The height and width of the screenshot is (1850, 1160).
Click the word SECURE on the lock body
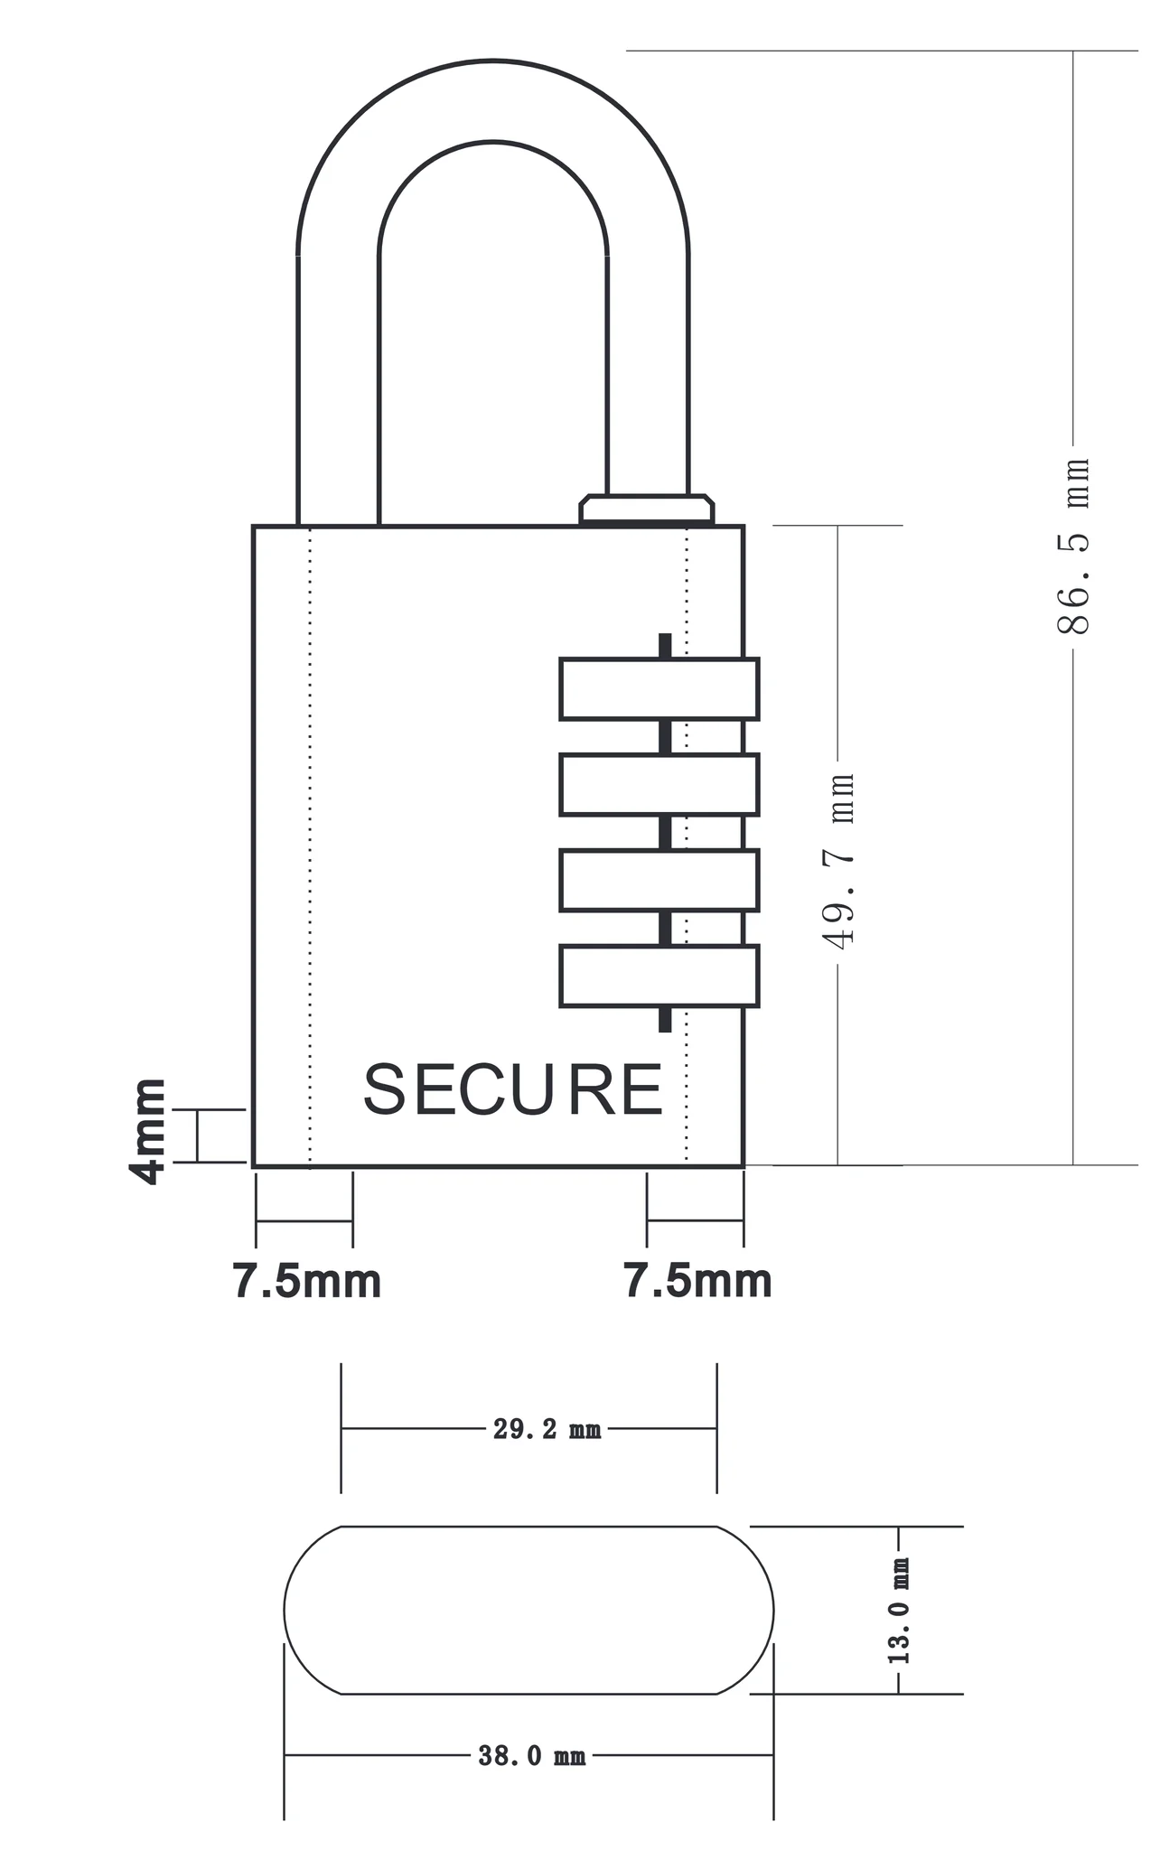512,1089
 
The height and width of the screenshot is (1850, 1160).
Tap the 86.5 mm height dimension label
1073,545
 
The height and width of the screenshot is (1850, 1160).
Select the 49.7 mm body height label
838,861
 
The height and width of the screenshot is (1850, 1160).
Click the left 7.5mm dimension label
307,1282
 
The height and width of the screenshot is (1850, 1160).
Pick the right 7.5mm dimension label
698,1282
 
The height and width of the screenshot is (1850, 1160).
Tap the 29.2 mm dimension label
547,1430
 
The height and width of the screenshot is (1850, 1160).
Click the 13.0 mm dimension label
899,1611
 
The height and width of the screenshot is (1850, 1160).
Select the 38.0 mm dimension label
532,1756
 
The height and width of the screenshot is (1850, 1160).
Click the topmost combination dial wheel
659,689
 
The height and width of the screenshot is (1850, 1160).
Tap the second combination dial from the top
659,785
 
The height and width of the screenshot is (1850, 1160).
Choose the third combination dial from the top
659,880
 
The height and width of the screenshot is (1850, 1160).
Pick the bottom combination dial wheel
659,976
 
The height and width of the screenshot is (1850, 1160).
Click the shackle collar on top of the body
646,509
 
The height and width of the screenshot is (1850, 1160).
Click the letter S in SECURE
384,1089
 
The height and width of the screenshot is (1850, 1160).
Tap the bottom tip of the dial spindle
665,1025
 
